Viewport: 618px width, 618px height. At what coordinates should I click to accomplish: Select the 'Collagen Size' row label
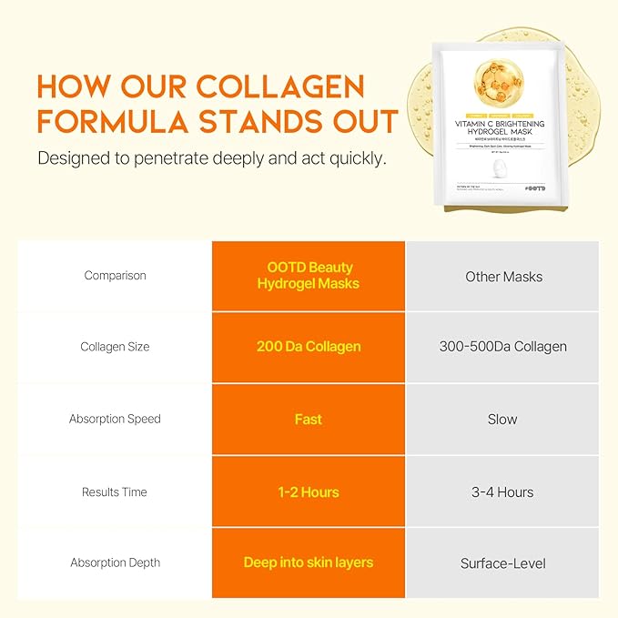click(x=115, y=347)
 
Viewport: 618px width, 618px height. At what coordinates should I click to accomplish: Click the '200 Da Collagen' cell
click(x=309, y=347)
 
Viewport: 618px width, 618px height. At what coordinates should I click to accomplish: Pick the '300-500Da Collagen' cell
click(x=502, y=347)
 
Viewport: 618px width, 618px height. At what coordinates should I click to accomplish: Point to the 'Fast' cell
click(x=309, y=420)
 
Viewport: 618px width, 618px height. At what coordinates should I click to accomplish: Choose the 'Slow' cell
click(x=502, y=420)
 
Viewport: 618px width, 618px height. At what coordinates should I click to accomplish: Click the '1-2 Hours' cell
click(x=309, y=492)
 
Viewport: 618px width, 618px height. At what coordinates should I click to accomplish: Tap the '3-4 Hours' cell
click(x=502, y=492)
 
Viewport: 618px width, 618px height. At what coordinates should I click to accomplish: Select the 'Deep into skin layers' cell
click(x=309, y=562)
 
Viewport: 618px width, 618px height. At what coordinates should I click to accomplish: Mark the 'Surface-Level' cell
click(x=502, y=563)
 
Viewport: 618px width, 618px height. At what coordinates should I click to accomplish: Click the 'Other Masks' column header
click(x=502, y=276)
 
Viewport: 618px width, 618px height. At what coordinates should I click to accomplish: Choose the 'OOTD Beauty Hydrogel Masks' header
click(x=309, y=276)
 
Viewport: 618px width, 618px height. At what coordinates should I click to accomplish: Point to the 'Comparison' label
click(x=115, y=276)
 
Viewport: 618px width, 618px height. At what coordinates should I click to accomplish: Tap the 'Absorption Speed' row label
click(x=115, y=420)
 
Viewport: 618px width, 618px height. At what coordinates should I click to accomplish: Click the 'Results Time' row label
click(x=115, y=492)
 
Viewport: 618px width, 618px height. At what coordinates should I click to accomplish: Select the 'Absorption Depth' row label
click(x=115, y=563)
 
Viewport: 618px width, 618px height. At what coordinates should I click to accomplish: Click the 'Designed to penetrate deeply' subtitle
click(x=211, y=158)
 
